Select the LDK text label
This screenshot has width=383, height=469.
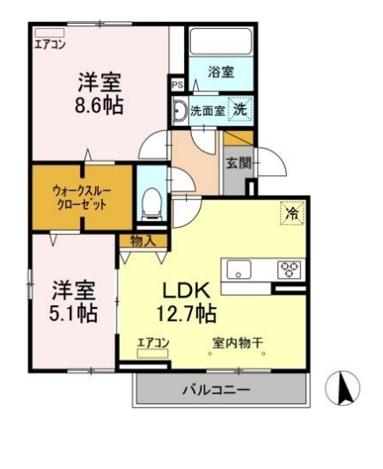181,289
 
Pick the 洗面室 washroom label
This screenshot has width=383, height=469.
207,112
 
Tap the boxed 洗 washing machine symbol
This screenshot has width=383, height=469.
239,110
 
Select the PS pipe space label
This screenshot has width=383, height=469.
177,85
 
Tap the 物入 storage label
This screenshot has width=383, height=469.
142,240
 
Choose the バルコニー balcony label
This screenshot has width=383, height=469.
217,388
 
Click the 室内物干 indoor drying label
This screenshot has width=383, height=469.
239,343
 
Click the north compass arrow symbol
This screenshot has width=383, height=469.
344,388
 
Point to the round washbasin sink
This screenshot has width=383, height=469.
180,112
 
